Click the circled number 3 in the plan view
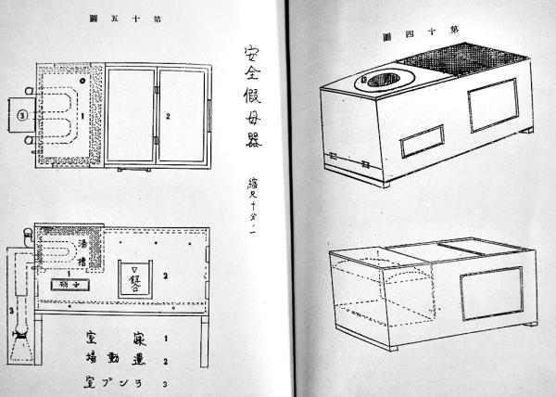click(20, 116)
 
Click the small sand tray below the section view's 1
click(71, 284)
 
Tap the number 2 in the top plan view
click(166, 117)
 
